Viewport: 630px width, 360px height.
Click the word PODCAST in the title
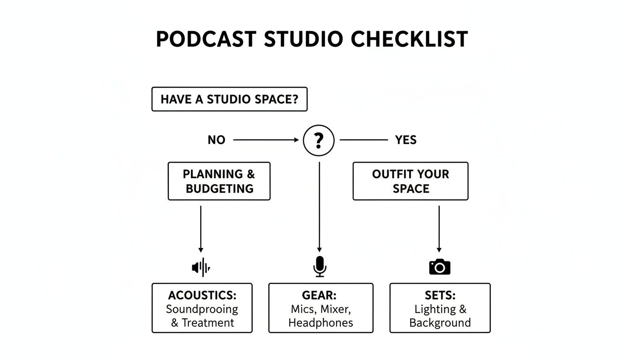click(207, 39)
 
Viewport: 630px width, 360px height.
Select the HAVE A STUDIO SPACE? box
click(229, 99)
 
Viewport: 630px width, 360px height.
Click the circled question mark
click(319, 140)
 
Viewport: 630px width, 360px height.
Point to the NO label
click(216, 140)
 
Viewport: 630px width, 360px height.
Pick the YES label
click(405, 140)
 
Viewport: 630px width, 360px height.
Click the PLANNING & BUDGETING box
click(219, 181)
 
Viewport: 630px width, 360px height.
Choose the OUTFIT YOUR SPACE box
click(410, 181)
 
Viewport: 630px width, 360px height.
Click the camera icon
click(440, 266)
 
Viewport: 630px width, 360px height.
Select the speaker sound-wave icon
click(201, 267)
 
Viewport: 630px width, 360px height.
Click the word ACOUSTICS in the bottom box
click(202, 295)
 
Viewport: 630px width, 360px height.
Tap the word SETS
click(440, 295)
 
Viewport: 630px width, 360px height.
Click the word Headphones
click(321, 322)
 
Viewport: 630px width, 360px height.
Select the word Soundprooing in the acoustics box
click(202, 309)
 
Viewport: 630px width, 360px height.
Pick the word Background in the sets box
click(440, 322)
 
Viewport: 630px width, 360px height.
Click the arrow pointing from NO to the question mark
click(266, 140)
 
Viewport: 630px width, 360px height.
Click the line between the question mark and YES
click(364, 140)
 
